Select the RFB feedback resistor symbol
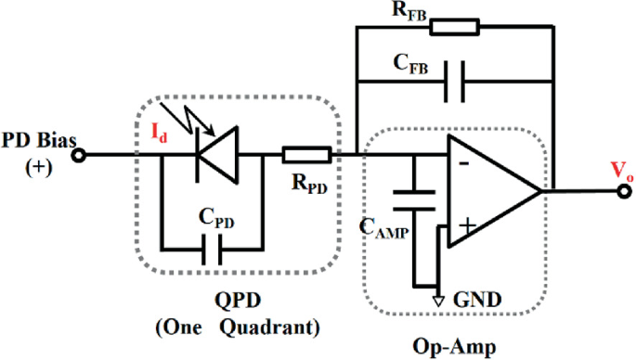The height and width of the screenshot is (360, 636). point(455,26)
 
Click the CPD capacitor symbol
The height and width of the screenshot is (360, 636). point(212,249)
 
